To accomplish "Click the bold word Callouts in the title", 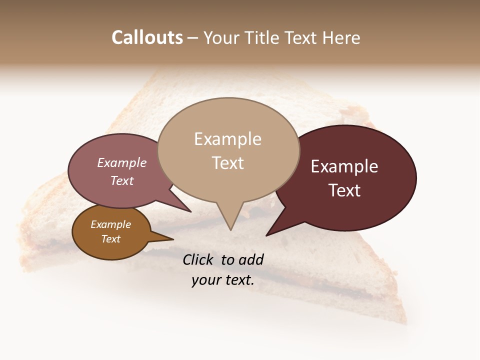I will pos(147,37).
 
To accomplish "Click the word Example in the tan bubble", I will pos(227,139).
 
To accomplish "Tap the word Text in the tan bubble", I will pos(227,163).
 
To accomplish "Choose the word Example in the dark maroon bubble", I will pos(344,166).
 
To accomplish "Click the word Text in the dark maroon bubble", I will pos(344,190).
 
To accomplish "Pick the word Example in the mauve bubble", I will pos(122,162).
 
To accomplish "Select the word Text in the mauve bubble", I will pos(122,180).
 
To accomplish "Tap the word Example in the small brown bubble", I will pos(110,224).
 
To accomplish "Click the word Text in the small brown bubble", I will pos(110,239).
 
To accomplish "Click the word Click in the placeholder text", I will pos(198,259).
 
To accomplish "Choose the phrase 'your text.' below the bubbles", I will pos(222,280).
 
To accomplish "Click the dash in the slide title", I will pos(192,38).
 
